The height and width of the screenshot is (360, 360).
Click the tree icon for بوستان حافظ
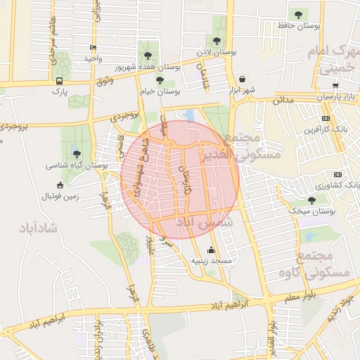point(298,15)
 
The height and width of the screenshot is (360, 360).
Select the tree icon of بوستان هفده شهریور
point(147,54)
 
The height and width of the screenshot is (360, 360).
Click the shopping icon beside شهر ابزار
point(243,79)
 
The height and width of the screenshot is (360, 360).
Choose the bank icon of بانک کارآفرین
point(325,118)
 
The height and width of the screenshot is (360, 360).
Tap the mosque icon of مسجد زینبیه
point(212,250)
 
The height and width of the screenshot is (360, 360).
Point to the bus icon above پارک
point(59,81)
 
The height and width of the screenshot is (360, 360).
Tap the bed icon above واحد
point(94,48)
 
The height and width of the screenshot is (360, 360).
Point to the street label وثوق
point(104,81)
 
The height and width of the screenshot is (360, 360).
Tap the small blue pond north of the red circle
point(188,115)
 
